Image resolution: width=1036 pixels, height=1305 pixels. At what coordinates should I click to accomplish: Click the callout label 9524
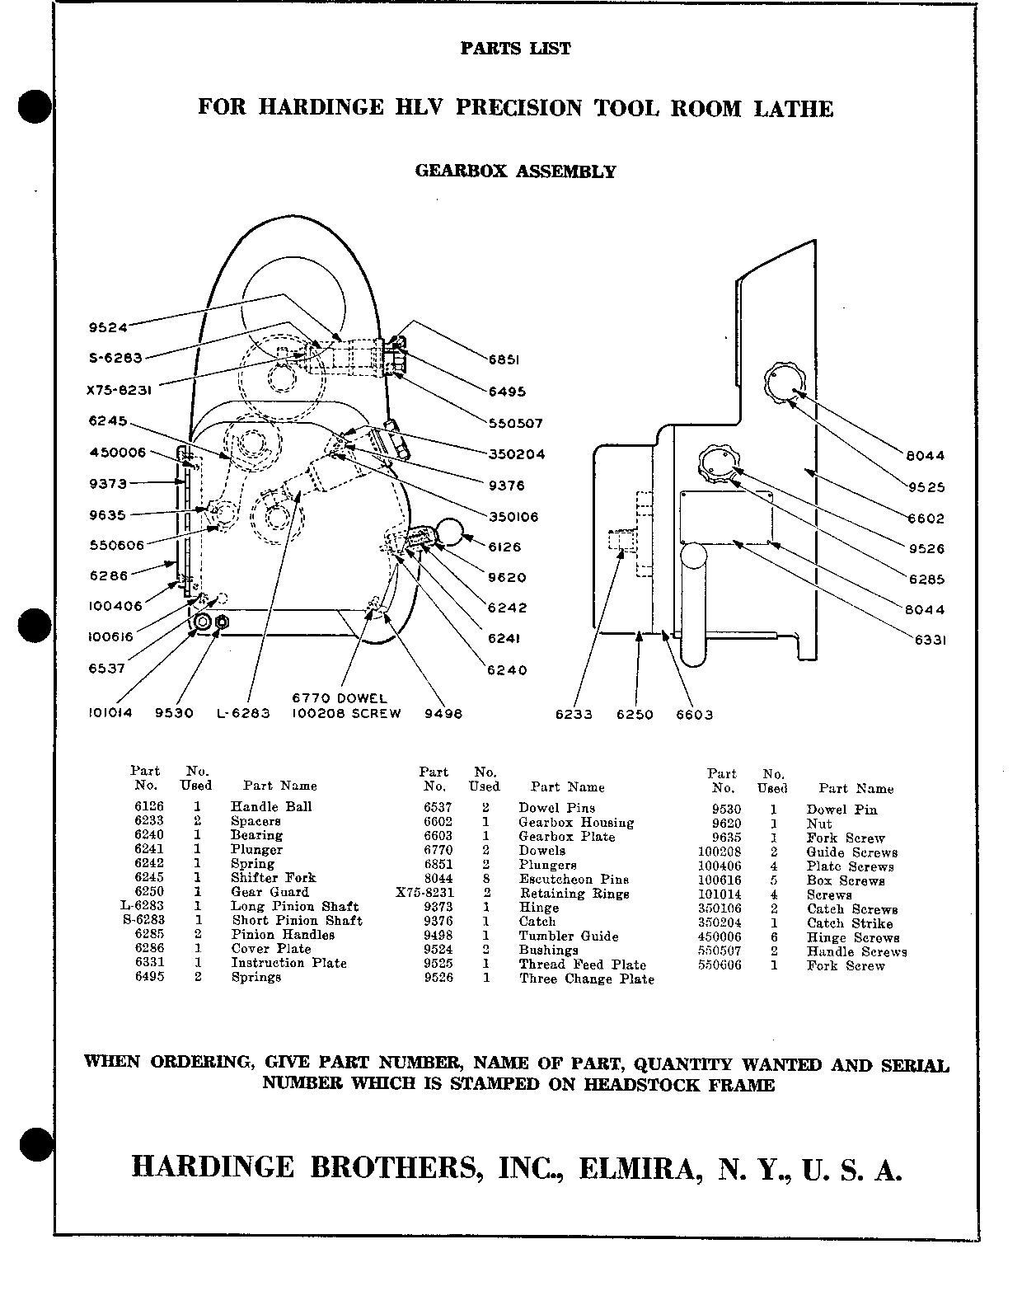click(x=108, y=327)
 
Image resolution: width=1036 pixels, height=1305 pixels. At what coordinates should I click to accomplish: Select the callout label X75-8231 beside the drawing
click(x=124, y=388)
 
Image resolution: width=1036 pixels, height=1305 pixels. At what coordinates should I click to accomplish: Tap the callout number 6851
click(x=506, y=360)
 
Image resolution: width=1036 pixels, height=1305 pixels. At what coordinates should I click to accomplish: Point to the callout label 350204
click(x=516, y=454)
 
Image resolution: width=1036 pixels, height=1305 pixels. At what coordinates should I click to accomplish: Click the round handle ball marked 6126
click(x=450, y=532)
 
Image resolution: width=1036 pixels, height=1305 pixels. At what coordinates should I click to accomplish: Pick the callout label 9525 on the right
click(x=926, y=487)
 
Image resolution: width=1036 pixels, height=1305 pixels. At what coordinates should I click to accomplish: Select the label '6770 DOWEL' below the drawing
click(x=339, y=698)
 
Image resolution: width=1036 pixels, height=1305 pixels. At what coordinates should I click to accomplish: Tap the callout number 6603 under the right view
click(x=694, y=715)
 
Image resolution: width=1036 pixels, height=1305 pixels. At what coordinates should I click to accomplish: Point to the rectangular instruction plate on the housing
click(x=725, y=518)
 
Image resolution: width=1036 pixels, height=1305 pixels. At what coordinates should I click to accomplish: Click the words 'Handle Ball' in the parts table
click(x=271, y=806)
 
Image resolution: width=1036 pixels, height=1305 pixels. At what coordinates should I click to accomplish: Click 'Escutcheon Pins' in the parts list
click(x=574, y=879)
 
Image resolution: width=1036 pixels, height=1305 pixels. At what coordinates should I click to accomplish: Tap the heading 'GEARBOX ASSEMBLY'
click(x=515, y=171)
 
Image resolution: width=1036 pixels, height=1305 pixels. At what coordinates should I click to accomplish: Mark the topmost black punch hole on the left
click(x=34, y=107)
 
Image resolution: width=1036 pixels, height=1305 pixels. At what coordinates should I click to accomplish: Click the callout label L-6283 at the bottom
click(x=243, y=714)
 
